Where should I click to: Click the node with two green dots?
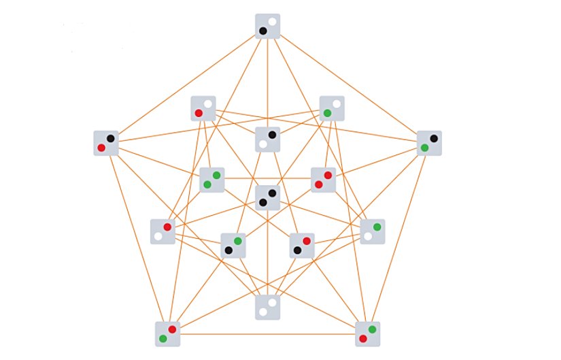pyautogui.click(x=211, y=180)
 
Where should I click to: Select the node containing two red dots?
pyautogui.click(x=323, y=180)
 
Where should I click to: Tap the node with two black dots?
pyautogui.click(x=267, y=197)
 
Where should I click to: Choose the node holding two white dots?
pyautogui.click(x=267, y=307)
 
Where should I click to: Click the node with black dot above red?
pyautogui.click(x=105, y=143)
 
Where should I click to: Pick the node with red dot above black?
pyautogui.click(x=302, y=246)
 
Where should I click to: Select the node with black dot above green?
pyautogui.click(x=429, y=143)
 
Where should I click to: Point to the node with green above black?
pyautogui.click(x=233, y=246)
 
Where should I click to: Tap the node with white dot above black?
pyautogui.click(x=267, y=27)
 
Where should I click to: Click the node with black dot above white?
pyautogui.click(x=267, y=140)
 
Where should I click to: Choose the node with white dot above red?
pyautogui.click(x=203, y=108)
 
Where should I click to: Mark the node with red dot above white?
pyautogui.click(x=163, y=231)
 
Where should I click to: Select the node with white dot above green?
pyautogui.click(x=332, y=108)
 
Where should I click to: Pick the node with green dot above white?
pyautogui.click(x=373, y=231)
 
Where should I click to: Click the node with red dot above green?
pyautogui.click(x=167, y=333)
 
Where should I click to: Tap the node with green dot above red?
pyautogui.click(x=367, y=333)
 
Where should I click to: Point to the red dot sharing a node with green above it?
pyautogui.click(x=363, y=338)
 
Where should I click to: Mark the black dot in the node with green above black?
pyautogui.click(x=228, y=250)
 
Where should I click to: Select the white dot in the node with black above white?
pyautogui.click(x=263, y=144)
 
